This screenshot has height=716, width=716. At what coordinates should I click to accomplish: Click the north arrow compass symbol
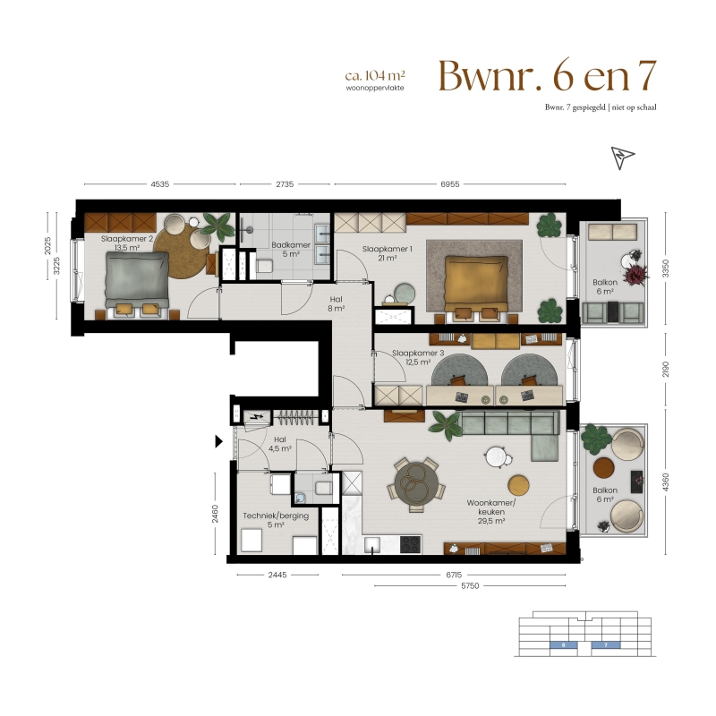[622, 158]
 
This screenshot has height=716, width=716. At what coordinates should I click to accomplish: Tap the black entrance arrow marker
[218, 441]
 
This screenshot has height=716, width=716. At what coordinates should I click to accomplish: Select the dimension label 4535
[160, 184]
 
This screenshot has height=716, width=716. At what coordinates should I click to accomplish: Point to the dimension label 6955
[450, 184]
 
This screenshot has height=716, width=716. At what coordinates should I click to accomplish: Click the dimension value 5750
[470, 586]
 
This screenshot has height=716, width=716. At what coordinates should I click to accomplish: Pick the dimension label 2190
[665, 369]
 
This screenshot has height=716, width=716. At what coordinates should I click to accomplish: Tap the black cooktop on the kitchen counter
[411, 544]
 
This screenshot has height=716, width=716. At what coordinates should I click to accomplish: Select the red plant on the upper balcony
[635, 275]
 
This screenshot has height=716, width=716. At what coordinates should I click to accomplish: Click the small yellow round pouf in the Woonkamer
[518, 485]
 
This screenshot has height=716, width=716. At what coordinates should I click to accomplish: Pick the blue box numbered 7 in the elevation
[606, 645]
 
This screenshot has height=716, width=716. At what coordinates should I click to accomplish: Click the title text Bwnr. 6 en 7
[548, 76]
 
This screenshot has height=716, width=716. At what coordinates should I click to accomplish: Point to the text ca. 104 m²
[375, 75]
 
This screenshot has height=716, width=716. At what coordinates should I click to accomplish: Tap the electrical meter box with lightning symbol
[255, 416]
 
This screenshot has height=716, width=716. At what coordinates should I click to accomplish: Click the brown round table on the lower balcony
[603, 467]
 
